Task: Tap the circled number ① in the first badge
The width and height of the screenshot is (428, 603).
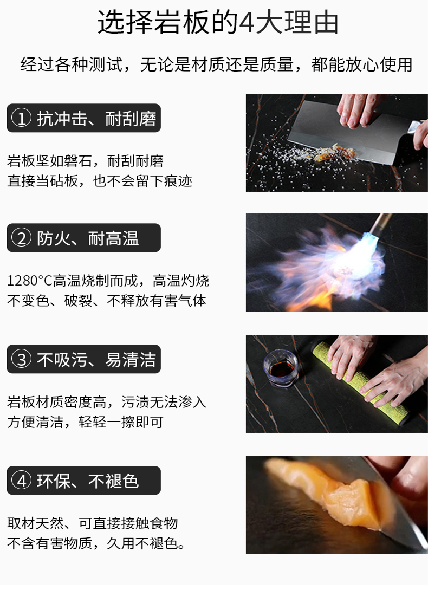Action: point(22,118)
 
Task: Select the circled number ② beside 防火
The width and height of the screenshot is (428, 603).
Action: point(22,238)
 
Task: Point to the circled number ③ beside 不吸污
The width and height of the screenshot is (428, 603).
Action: point(22,359)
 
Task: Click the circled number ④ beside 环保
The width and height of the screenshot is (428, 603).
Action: point(22,481)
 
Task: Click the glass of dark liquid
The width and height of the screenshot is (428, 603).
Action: point(280,368)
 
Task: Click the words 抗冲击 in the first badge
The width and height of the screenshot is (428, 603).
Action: point(62,119)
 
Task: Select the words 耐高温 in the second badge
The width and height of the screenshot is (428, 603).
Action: point(113,238)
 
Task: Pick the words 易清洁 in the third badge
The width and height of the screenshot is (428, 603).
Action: point(131,360)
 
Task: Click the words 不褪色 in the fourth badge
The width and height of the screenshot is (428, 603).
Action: point(113,481)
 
